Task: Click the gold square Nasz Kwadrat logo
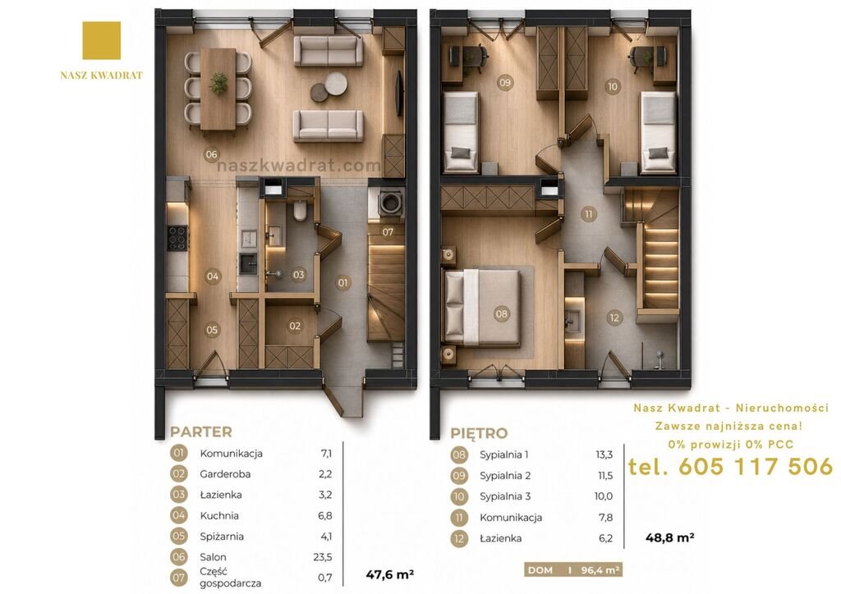pyautogui.click(x=101, y=41)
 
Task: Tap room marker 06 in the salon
pyautogui.click(x=212, y=155)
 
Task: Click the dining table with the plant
pyautogui.click(x=218, y=89)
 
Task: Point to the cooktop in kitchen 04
pyautogui.click(x=178, y=238)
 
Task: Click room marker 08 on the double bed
pyautogui.click(x=502, y=314)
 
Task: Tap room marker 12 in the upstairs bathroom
pyautogui.click(x=614, y=318)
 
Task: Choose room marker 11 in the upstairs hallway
pyautogui.click(x=589, y=214)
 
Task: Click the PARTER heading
pyautogui.click(x=201, y=432)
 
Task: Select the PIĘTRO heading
pyautogui.click(x=479, y=432)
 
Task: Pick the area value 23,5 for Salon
pyautogui.click(x=322, y=557)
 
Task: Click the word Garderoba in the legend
pyautogui.click(x=225, y=474)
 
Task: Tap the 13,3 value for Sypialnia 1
pyautogui.click(x=604, y=455)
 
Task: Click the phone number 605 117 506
pyautogui.click(x=756, y=467)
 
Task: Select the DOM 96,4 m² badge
pyautogui.click(x=573, y=570)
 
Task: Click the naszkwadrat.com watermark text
pyautogui.click(x=299, y=166)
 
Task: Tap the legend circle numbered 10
pyautogui.click(x=459, y=496)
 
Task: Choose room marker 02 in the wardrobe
pyautogui.click(x=295, y=326)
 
